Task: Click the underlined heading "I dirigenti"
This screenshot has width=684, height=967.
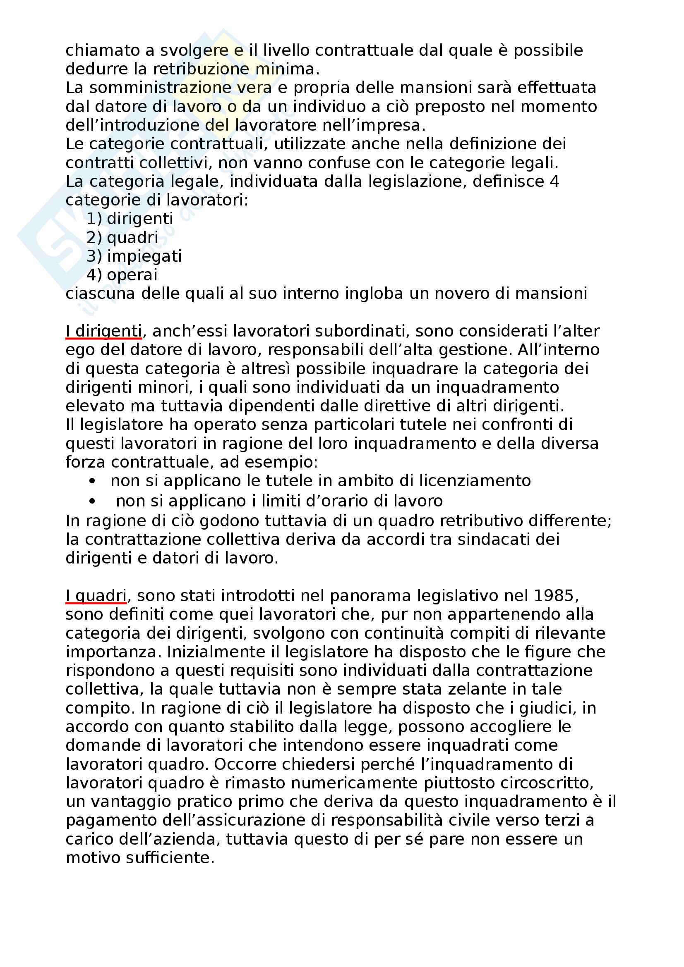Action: (x=104, y=332)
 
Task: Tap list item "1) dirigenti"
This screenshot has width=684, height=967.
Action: (x=130, y=219)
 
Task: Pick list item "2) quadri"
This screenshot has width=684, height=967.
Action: (x=122, y=238)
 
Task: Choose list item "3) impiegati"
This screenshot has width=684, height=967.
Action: (x=134, y=256)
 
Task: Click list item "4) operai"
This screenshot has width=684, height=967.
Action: (x=122, y=275)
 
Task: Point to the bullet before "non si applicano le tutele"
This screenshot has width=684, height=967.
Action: (x=92, y=481)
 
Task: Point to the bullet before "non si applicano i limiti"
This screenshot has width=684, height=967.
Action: (x=92, y=501)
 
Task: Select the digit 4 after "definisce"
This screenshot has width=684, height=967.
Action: (x=554, y=182)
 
